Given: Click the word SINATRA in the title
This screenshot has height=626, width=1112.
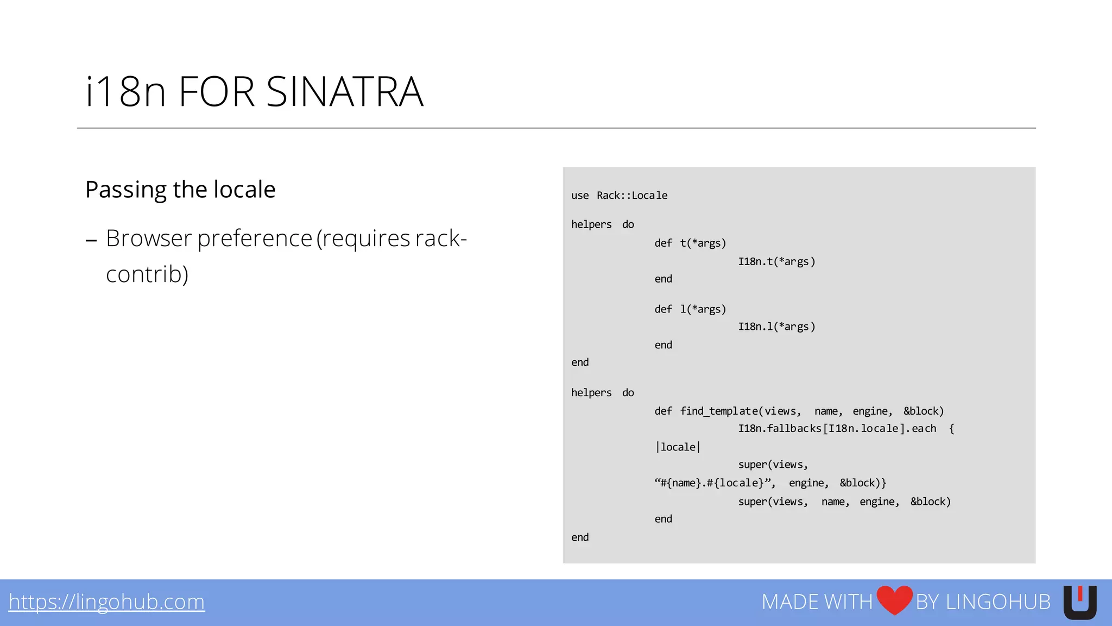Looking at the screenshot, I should [344, 92].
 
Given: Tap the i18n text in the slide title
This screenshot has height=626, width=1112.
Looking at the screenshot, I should [125, 92].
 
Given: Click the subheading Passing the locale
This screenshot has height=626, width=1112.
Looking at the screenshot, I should [180, 190].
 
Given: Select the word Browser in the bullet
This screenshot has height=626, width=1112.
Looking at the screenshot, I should [149, 239].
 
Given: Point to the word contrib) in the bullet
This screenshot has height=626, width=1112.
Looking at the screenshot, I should [147, 274].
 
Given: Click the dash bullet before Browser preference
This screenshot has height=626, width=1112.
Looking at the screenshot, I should [91, 240].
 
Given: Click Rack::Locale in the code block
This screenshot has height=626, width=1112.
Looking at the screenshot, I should [632, 196].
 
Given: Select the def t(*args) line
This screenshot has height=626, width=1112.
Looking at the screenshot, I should [690, 243].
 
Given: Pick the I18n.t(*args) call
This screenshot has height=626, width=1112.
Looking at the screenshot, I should [776, 261].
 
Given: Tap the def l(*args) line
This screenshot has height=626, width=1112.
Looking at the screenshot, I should [690, 309].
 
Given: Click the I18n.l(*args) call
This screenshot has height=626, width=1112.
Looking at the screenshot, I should [776, 327].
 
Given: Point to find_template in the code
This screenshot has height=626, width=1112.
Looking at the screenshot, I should [719, 411].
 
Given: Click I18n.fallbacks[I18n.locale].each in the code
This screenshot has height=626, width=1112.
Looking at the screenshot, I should [837, 429].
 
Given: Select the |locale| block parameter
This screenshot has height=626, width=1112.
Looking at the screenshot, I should [678, 447].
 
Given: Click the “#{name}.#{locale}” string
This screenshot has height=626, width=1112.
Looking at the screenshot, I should [715, 483].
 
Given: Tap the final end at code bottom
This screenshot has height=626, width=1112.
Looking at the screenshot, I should [580, 537].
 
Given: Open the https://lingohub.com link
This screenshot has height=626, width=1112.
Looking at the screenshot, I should [106, 602].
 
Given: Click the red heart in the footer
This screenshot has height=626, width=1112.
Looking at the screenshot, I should [894, 600].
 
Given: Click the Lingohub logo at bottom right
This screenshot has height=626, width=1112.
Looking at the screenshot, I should [1079, 602].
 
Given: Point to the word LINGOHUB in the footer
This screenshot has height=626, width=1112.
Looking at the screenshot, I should [998, 602].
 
